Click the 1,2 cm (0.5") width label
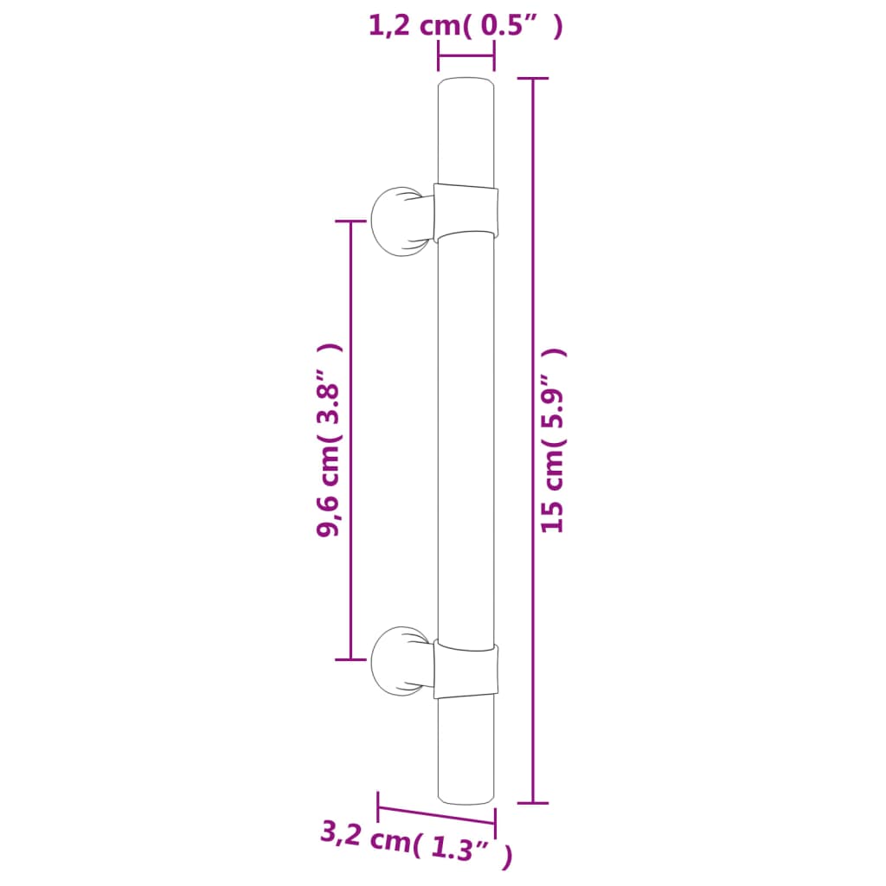point(465,26)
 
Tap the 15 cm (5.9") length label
point(553,440)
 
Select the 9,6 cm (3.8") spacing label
point(330,440)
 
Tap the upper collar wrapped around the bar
point(466,209)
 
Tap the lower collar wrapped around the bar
point(466,670)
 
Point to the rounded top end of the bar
point(466,87)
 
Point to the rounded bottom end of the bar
point(466,793)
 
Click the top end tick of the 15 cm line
point(532,79)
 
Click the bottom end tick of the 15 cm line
point(532,803)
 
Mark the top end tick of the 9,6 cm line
point(350,221)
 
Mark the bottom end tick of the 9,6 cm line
point(350,660)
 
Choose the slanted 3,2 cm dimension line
point(437,815)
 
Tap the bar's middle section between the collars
point(466,440)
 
